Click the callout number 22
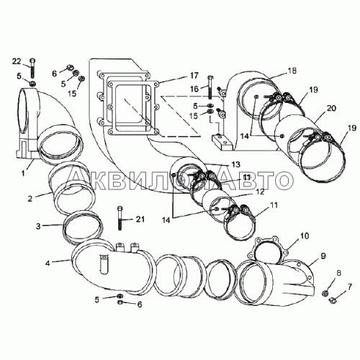coord(17,62)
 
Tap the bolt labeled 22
coord(33,68)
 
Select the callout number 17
coord(194,76)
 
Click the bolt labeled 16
coord(211,87)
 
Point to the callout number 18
coord(292,71)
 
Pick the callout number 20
coord(331,108)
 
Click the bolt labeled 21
coord(120,218)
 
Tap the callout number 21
coord(140,219)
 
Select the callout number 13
coord(235,164)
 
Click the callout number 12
coord(260,192)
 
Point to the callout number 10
coord(305,236)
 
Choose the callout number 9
coord(323,256)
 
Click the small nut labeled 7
coord(332,300)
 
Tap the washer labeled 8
coord(325,293)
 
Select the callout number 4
coord(48,264)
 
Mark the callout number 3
coord(38,226)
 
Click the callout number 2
coord(30,199)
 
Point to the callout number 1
coord(23,173)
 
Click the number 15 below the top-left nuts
coord(72,94)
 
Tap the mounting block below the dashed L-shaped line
coord(222,142)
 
